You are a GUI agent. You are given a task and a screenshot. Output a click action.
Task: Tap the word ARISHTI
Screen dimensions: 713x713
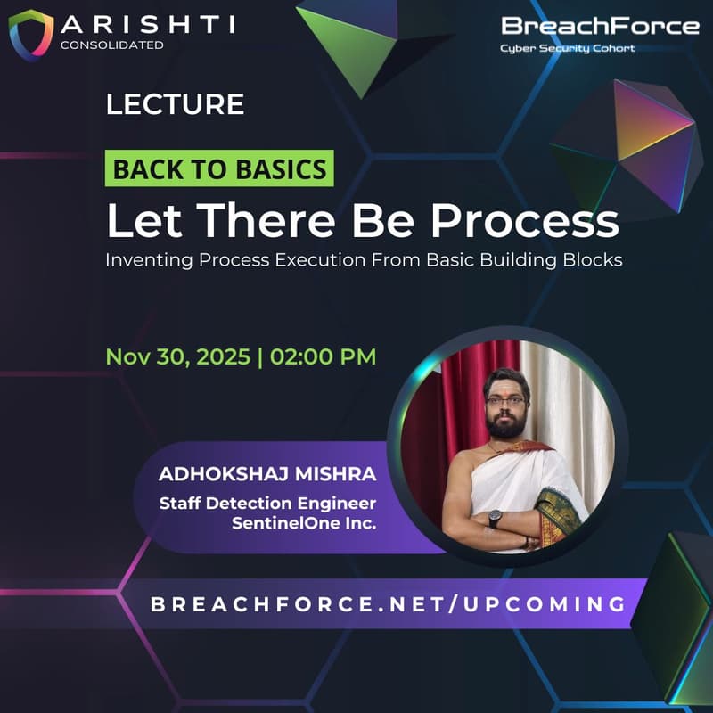pos(148,23)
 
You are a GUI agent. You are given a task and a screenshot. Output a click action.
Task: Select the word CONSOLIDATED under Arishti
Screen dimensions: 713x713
pos(112,45)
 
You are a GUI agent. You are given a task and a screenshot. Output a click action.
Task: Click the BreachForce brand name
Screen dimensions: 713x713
pos(600,26)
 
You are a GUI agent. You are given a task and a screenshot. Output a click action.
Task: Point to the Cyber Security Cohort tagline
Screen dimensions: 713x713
pos(568,48)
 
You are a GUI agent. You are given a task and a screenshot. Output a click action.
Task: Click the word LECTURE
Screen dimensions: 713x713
pos(175,104)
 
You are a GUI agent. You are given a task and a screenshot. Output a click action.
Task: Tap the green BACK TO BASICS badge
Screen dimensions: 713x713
pos(219,168)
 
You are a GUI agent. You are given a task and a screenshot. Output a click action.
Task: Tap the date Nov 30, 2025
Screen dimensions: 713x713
pos(176,356)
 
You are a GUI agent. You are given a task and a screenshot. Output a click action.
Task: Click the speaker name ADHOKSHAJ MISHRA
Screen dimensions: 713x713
pos(267,472)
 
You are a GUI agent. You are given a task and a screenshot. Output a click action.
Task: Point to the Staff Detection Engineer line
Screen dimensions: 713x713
pos(267,503)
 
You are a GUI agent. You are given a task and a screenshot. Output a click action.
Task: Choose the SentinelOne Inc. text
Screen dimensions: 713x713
pos(304,523)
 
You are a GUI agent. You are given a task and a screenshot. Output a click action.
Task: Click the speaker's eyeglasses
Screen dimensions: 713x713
pos(505,401)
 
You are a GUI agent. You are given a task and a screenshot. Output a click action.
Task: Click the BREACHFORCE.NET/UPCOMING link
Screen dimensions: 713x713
pos(389,603)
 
